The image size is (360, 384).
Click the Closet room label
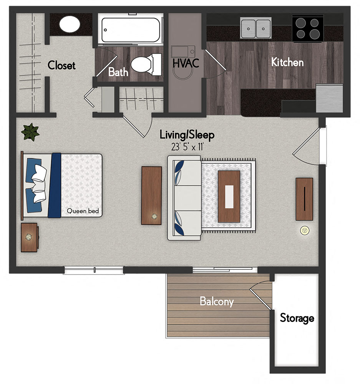point(61,65)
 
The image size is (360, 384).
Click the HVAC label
point(186,63)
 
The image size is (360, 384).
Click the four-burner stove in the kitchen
point(307,28)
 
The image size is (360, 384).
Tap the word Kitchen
point(287,62)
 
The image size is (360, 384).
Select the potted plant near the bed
point(30,132)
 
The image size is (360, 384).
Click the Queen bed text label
point(83,210)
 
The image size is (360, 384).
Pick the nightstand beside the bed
point(29,237)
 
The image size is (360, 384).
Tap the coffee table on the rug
point(229,196)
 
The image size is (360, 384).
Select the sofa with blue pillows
point(184,197)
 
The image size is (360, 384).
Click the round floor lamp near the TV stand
point(305,230)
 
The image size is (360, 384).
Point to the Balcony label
point(216,301)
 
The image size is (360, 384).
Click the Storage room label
point(297,318)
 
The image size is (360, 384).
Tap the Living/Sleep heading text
point(187,135)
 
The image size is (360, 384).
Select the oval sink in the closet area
point(70,24)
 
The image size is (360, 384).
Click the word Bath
point(118,72)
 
